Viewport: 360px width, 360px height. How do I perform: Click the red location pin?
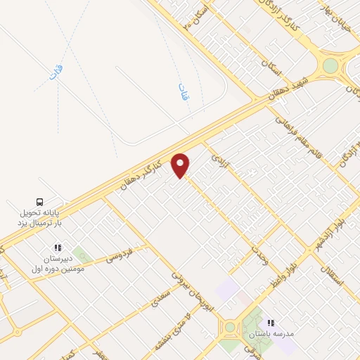(x=181, y=165)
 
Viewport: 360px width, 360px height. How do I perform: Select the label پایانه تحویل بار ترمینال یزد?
(x=40, y=217)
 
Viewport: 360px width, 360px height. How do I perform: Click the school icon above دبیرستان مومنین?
(x=58, y=247)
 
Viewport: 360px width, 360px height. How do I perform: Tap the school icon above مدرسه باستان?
(x=271, y=323)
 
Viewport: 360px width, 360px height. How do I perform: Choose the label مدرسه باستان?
(x=266, y=335)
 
